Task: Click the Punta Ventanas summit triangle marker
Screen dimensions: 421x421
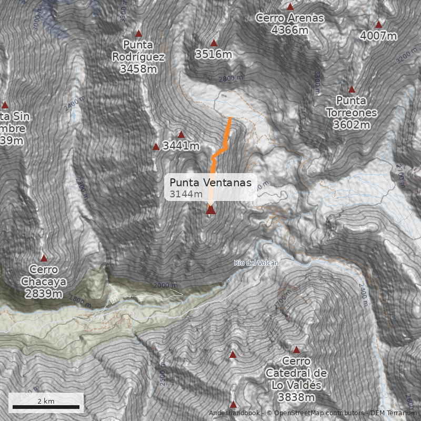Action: tap(210, 210)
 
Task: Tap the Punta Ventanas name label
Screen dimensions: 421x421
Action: tap(210, 182)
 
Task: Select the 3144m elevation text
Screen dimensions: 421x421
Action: tap(186, 194)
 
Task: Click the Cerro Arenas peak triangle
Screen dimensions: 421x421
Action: tap(290, 7)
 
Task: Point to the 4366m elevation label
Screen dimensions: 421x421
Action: tap(290, 31)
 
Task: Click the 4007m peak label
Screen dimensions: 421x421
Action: tap(378, 36)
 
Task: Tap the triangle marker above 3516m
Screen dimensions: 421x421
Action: tap(214, 43)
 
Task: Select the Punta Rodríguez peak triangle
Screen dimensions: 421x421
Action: tap(139, 33)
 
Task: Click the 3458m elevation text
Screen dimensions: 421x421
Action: tap(139, 69)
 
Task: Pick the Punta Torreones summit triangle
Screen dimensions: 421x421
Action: tap(352, 89)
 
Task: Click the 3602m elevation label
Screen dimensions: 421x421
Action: tap(352, 125)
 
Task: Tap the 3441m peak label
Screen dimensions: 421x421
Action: tap(181, 146)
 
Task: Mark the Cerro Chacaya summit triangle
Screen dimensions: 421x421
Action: tap(44, 258)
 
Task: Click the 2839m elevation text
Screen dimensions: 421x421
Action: tap(44, 294)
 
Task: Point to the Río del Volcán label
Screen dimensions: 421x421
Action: tap(256, 263)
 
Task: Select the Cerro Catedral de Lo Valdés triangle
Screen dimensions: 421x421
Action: tap(296, 350)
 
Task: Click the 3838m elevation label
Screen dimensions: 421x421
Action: tap(296, 397)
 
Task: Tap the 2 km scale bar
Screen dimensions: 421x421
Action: tap(46, 407)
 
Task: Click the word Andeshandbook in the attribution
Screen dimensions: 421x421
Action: tap(235, 413)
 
